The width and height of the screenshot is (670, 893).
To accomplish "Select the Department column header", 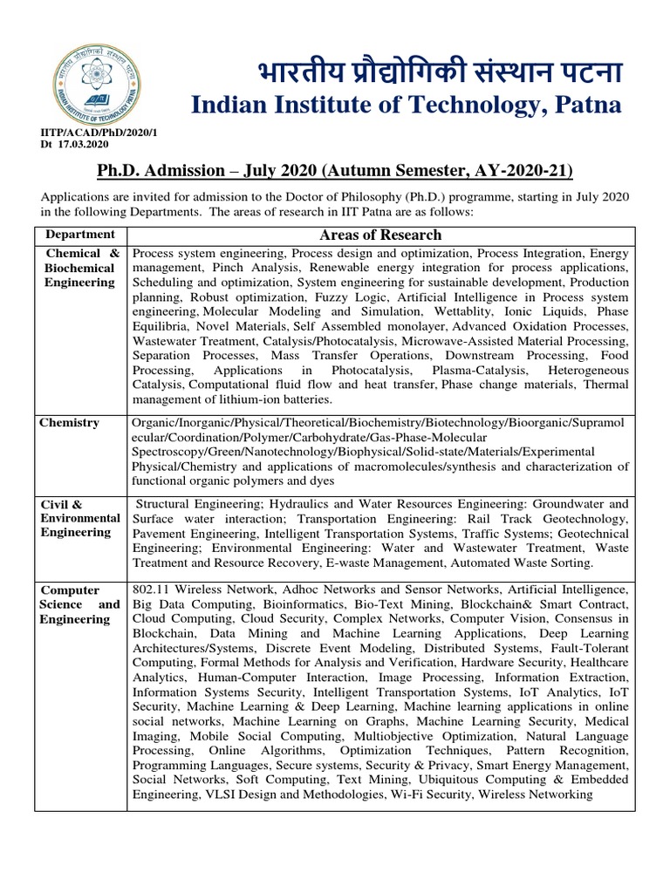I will [80, 235].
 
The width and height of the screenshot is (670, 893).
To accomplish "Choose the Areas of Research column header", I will [380, 235].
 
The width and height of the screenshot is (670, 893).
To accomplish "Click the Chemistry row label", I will [70, 423].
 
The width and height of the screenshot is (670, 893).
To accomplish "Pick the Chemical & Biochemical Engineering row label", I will [80, 268].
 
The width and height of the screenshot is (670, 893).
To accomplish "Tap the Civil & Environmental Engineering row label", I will [79, 518].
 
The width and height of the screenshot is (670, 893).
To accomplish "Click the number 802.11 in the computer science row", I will [151, 590].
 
